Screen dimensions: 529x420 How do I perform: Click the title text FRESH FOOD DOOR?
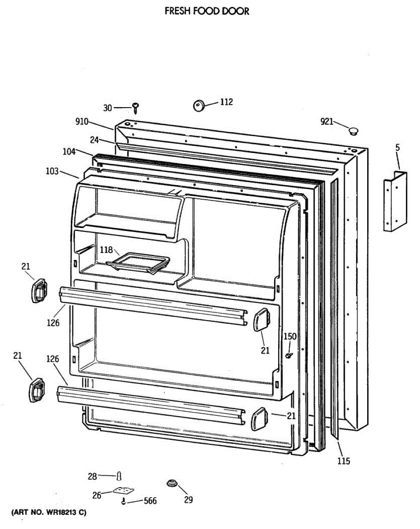point(207,11)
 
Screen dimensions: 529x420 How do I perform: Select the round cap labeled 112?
point(199,106)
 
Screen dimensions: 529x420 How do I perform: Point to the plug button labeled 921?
point(353,130)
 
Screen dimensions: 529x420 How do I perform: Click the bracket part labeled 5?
point(394,202)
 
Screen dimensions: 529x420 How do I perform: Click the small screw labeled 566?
point(124,502)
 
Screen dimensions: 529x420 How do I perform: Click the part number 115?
point(344,461)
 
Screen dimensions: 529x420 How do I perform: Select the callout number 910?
point(82,122)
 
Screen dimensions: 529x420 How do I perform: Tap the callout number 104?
point(69,152)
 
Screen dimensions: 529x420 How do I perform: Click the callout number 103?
point(52,171)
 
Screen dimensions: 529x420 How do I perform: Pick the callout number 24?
point(94,141)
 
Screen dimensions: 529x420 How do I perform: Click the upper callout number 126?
point(53,323)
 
